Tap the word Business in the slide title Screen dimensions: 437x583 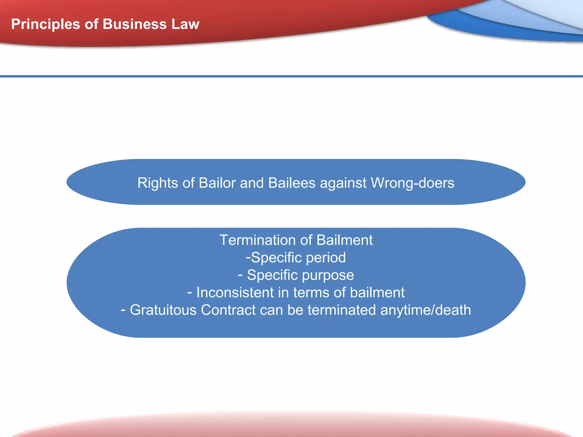point(135,24)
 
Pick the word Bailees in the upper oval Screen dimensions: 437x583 point(292,183)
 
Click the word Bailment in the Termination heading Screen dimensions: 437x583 point(344,240)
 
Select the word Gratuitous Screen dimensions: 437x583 point(163,310)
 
